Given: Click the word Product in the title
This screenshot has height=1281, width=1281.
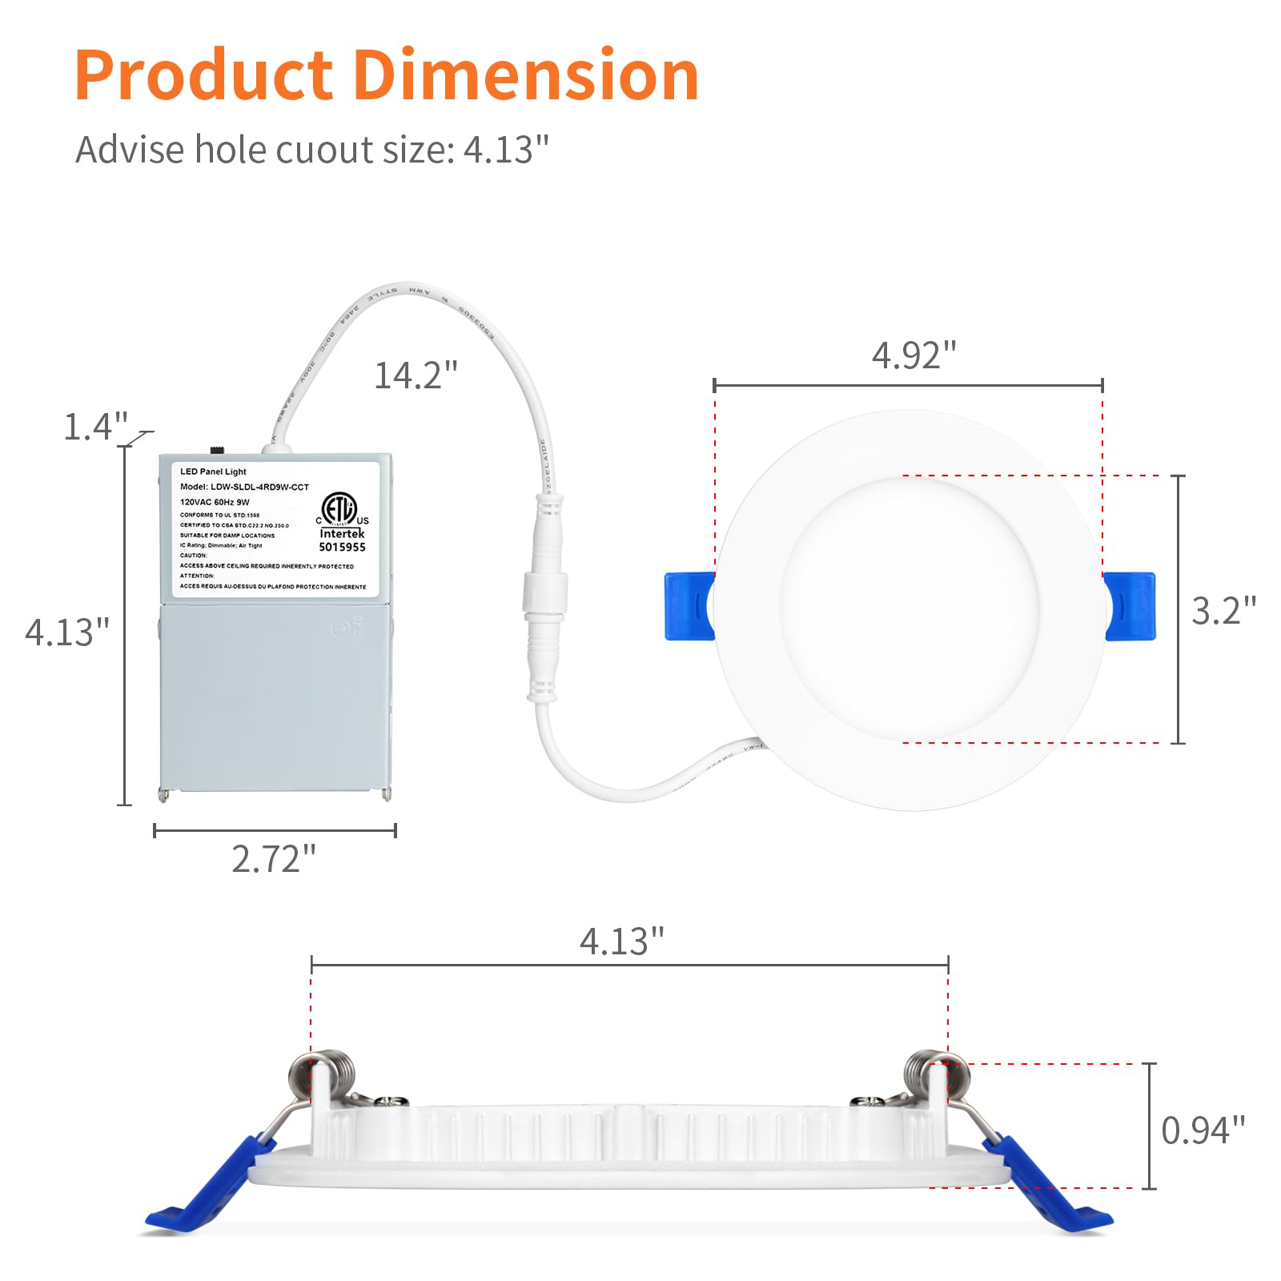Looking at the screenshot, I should [x=203, y=75].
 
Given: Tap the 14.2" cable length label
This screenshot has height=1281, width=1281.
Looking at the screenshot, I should [x=416, y=375].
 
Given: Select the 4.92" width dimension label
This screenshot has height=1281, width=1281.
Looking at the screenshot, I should [x=914, y=355].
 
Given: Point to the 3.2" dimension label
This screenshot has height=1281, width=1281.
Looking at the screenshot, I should [x=1223, y=611].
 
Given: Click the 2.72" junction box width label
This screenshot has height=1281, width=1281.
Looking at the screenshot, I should [x=274, y=859].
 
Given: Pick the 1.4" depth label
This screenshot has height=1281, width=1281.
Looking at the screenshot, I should [x=95, y=427].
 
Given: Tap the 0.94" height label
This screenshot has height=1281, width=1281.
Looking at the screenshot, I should [x=1203, y=1130].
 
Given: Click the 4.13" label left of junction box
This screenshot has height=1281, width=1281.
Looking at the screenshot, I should [x=66, y=632].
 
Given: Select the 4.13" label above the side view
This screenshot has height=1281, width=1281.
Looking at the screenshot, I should [x=621, y=942].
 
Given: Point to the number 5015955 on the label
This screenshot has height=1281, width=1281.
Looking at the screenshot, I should [x=342, y=548].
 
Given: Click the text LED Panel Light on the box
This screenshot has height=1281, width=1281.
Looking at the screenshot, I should [x=213, y=472].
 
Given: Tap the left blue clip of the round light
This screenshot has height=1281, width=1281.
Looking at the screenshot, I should [x=689, y=606].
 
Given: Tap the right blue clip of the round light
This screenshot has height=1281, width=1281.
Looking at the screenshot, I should [x=1130, y=606].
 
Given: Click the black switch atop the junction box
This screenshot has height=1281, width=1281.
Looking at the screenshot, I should [x=216, y=450].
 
